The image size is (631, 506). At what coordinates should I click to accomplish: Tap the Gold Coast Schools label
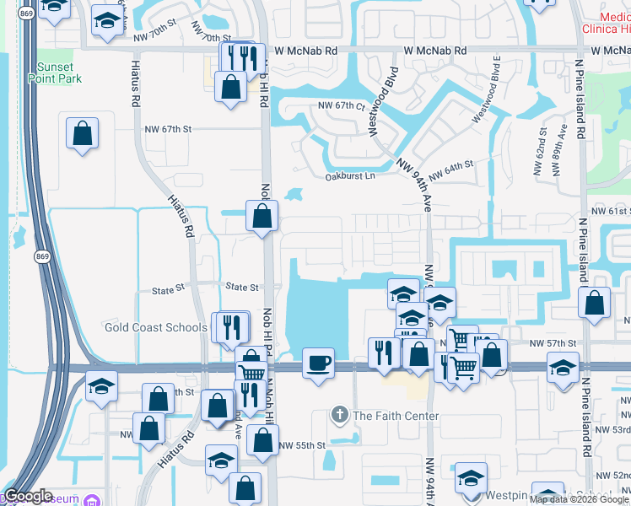click(156, 327)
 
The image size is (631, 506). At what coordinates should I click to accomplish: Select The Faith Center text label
click(396, 416)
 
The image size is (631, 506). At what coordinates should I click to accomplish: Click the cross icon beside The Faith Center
click(339, 415)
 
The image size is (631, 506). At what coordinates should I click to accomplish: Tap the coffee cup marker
click(318, 363)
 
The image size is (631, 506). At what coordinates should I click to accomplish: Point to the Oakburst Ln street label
click(349, 176)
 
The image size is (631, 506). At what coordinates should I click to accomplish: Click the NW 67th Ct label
click(341, 106)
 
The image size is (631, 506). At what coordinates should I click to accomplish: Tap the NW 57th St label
click(553, 344)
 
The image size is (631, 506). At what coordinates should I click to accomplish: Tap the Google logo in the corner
click(27, 497)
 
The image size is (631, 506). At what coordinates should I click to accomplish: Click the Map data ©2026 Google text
click(580, 498)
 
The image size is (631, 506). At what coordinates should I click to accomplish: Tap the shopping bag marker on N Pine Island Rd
click(595, 304)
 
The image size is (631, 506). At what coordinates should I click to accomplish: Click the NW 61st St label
click(611, 211)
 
